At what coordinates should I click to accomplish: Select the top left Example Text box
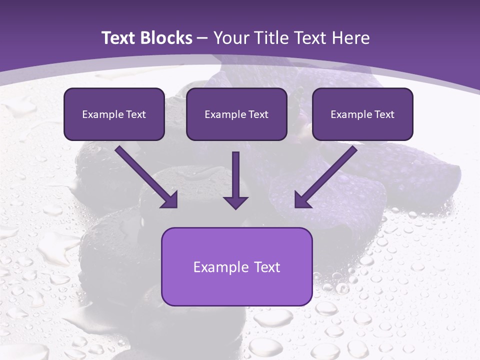114,114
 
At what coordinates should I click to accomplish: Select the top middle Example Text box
236,114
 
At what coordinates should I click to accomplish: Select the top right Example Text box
362,114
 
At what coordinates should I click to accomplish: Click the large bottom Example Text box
236,266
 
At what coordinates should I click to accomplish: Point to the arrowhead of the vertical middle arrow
235,202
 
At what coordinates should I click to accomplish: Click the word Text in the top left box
136,114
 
